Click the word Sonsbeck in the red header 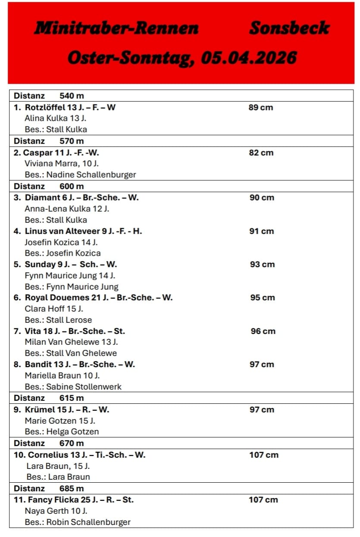(x=289, y=28)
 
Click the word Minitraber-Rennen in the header (x=116, y=28)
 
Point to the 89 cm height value (x=261, y=107)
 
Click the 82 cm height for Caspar (x=261, y=153)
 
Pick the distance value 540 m (x=72, y=96)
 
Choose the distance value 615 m (x=72, y=398)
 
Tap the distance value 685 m (x=72, y=488)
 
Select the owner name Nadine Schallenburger (x=91, y=175)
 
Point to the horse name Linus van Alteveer (x=62, y=231)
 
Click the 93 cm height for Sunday (x=262, y=264)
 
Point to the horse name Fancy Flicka (x=53, y=500)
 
